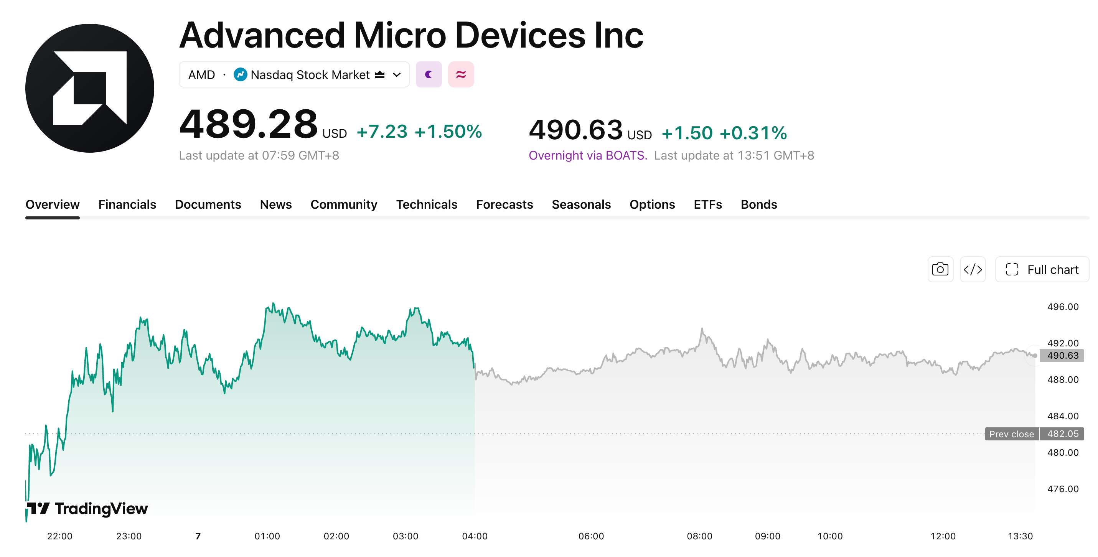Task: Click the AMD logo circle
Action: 89,88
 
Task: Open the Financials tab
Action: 127,204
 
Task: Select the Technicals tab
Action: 427,204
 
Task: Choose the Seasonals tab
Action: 581,204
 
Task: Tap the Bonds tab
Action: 759,204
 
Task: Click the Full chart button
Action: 1042,269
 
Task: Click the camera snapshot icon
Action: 940,269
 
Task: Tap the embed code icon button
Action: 973,269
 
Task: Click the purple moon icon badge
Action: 429,74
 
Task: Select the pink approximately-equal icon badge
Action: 461,74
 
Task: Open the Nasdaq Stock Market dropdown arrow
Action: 397,75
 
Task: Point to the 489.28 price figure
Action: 249,124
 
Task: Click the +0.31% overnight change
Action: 753,133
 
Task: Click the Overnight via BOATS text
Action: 588,155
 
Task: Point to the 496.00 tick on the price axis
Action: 1063,307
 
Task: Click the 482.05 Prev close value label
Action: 1063,434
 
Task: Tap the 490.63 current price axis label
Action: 1063,356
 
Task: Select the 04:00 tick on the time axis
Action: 475,536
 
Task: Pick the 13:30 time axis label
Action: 1020,536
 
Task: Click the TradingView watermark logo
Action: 87,508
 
